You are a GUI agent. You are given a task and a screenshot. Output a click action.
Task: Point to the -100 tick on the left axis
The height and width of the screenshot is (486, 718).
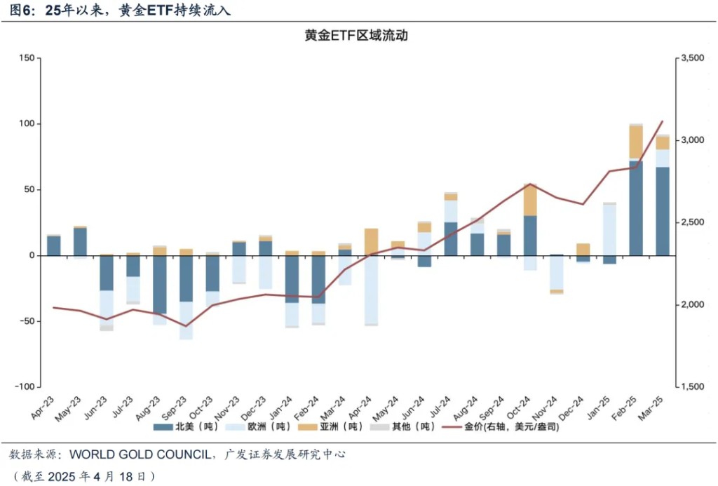(27, 387)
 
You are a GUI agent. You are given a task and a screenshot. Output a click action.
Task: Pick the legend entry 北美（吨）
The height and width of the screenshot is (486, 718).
(189, 426)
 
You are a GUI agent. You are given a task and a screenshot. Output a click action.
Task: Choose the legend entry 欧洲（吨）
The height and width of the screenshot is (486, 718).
(263, 426)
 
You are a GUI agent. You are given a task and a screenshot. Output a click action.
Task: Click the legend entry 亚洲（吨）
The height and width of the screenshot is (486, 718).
(334, 426)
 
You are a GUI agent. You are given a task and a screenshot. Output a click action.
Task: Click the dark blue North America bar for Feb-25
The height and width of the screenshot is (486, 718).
(636, 208)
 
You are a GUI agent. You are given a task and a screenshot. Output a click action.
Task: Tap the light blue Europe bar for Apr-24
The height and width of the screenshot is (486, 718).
(371, 290)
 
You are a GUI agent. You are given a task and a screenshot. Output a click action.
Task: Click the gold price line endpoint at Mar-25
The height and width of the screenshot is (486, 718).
(662, 121)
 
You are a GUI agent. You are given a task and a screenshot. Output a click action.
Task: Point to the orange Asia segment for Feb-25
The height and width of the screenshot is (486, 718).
(636, 142)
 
